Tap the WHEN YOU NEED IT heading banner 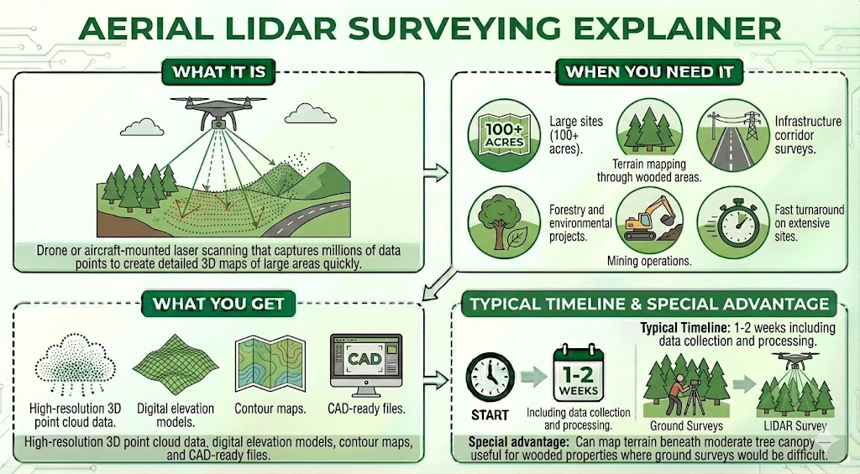(x=648, y=71)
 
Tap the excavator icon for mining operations (x=647, y=220)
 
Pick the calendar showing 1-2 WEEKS (x=579, y=375)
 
